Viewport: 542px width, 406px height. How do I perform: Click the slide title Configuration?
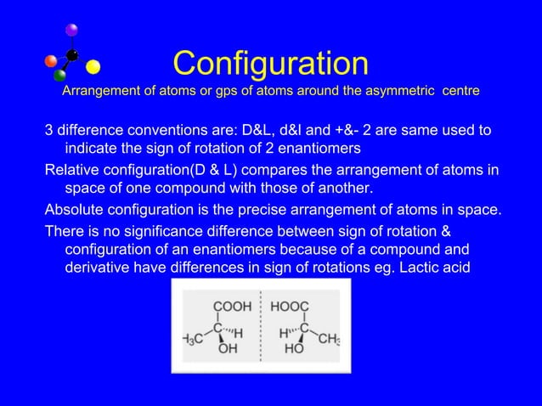click(270, 63)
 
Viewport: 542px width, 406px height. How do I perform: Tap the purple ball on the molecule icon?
click(72, 31)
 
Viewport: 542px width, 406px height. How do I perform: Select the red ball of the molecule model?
click(51, 60)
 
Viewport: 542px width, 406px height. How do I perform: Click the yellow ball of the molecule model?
click(93, 66)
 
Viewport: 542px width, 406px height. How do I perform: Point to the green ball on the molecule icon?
click(60, 76)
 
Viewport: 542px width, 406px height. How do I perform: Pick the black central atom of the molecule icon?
click(72, 56)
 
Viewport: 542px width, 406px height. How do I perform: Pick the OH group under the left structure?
click(227, 347)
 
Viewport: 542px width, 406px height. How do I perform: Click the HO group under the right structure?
click(295, 347)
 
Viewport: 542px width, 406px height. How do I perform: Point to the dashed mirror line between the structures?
click(263, 326)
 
